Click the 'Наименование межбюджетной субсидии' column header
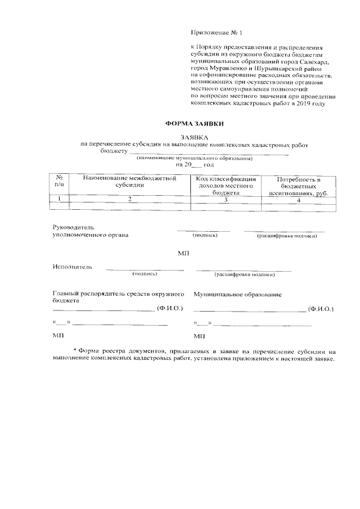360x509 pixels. [x=130, y=181]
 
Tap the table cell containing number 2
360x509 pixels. [x=130, y=199]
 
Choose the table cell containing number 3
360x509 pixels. [x=226, y=199]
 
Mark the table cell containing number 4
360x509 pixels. [x=299, y=199]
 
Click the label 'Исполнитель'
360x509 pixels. [x=72, y=266]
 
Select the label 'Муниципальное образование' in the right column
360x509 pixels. [x=237, y=294]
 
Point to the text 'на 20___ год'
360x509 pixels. [x=195, y=165]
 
